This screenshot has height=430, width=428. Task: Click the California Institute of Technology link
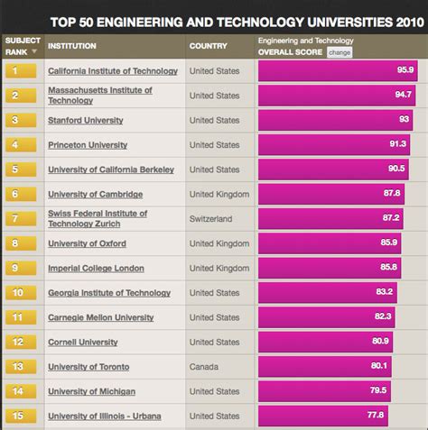112,71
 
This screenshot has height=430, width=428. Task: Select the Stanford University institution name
86,120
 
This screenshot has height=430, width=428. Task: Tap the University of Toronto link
88,367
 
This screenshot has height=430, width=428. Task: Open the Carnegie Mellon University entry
100,317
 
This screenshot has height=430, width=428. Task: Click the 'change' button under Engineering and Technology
340,52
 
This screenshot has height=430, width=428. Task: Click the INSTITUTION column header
72,46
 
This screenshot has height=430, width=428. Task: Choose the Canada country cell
204,367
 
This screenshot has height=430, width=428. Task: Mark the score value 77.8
375,416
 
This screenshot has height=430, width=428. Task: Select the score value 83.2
385,292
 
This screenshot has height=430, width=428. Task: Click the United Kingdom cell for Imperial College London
219,268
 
